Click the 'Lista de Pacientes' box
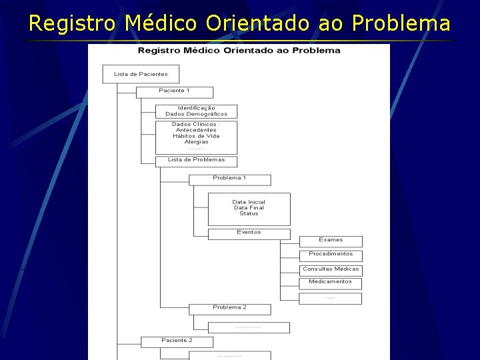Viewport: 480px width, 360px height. pos(141,74)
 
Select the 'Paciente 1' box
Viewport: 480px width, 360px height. pos(175,91)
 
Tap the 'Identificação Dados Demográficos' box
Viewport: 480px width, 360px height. pos(196,111)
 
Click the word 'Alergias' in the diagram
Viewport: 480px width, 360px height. pos(196,141)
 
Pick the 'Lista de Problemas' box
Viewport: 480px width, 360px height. pos(196,160)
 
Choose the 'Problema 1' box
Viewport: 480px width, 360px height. pos(230,179)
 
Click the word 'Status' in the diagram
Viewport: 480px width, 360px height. pos(249,213)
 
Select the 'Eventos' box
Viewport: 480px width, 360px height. pos(249,233)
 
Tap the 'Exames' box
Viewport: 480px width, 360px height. pos(331,240)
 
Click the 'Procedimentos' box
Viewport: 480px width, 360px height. pos(331,254)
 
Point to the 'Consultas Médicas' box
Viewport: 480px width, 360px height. pos(331,269)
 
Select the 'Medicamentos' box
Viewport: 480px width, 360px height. pos(331,282)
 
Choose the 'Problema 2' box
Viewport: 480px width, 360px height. pos(230,308)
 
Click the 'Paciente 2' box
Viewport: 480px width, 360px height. pos(177,341)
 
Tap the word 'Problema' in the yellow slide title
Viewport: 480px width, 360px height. pos(401,24)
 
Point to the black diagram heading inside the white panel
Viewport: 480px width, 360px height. pos(239,51)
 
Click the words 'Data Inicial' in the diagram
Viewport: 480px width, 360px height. pos(249,202)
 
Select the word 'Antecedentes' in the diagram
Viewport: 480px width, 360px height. pos(196,130)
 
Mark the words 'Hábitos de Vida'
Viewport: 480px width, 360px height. pos(196,136)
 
